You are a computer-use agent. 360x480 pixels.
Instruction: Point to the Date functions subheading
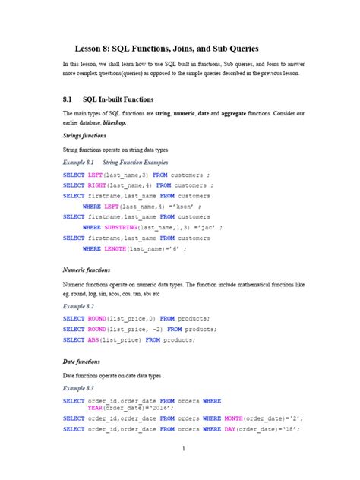pos(81,362)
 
